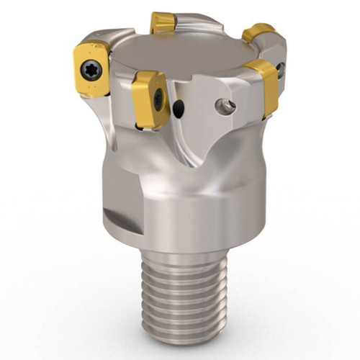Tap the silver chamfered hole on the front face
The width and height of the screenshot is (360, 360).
(225, 107)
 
